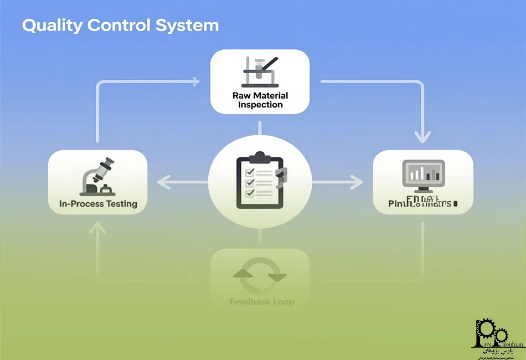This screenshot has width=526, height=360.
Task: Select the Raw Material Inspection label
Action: (x=260, y=100)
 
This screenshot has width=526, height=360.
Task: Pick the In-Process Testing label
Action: (x=98, y=204)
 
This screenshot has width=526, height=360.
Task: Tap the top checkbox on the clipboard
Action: (x=249, y=172)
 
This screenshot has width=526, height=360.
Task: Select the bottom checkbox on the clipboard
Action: (x=249, y=193)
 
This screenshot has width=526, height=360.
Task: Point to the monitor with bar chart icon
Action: (x=423, y=176)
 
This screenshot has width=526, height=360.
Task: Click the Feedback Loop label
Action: (x=261, y=302)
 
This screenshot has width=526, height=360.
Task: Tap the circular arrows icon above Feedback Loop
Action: (x=260, y=275)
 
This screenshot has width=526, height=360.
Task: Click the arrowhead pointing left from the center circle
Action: (x=161, y=182)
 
